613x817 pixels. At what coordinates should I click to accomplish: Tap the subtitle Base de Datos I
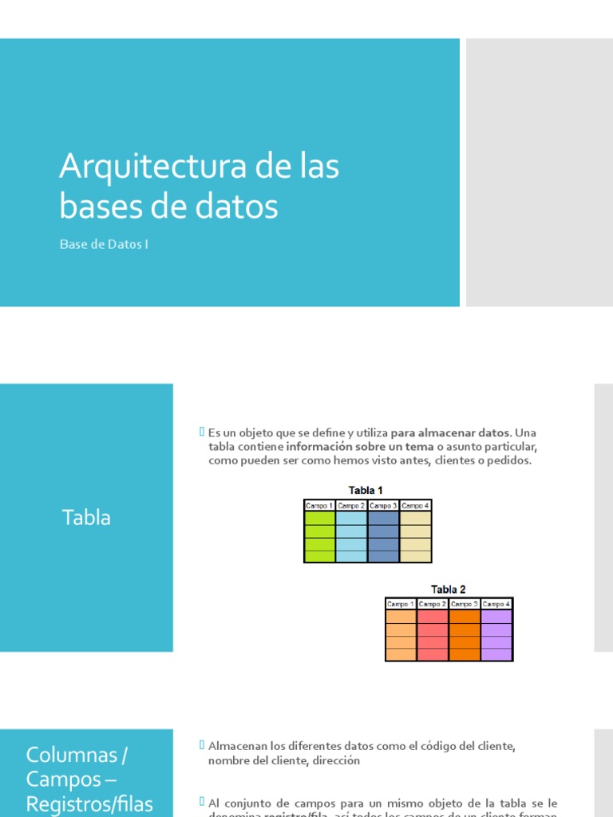point(104,244)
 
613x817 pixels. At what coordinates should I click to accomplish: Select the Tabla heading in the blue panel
point(86,518)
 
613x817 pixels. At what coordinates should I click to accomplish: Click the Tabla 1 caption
point(366,490)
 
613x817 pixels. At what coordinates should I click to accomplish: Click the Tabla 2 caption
point(449,590)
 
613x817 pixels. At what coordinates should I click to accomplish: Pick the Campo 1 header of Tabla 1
point(319,505)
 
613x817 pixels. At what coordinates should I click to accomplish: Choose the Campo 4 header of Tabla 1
point(415,505)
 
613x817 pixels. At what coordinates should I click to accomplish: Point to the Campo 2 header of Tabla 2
point(433,604)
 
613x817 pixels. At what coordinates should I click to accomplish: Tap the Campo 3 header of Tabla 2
point(465,604)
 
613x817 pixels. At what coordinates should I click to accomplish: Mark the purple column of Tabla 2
point(496,635)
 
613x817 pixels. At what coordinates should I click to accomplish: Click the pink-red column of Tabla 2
point(433,635)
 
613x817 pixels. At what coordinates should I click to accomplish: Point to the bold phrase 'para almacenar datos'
point(449,432)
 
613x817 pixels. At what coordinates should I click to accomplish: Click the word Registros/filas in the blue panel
point(89,803)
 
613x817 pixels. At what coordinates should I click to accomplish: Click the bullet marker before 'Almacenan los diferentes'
point(201,744)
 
